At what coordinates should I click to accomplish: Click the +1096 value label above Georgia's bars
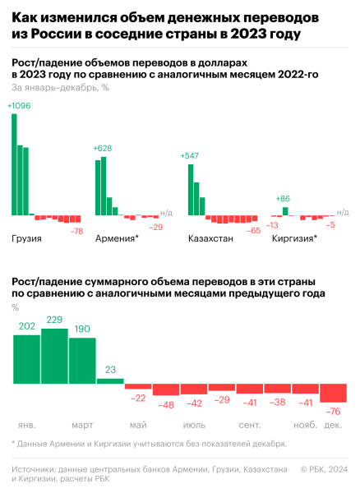(x=19, y=106)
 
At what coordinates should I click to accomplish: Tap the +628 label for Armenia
(x=104, y=148)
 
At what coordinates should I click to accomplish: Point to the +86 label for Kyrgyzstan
(x=284, y=198)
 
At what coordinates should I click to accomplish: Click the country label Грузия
(x=27, y=239)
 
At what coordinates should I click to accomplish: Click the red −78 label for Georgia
(x=76, y=232)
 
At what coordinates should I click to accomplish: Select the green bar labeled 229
(x=54, y=357)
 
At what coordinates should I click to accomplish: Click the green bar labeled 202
(x=26, y=360)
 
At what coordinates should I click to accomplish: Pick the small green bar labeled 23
(x=110, y=381)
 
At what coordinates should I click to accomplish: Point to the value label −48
(x=166, y=404)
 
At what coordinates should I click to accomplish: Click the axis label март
(x=82, y=425)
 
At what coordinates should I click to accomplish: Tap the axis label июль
(x=194, y=425)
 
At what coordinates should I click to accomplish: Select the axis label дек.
(x=334, y=425)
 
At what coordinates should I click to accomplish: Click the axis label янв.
(x=27, y=425)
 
